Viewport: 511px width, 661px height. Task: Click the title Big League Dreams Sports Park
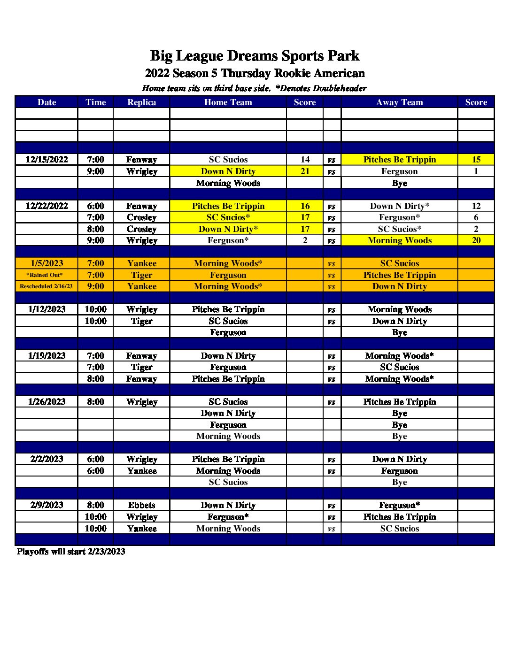[255, 56]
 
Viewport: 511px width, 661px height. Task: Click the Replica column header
[141, 102]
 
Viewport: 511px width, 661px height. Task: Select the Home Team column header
[228, 102]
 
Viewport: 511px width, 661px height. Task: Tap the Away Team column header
[399, 102]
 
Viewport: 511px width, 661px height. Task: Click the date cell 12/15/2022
[46, 160]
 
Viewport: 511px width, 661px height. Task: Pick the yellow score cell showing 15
[476, 160]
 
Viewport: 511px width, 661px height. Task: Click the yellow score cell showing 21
[305, 171]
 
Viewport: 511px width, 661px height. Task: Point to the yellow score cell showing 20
[476, 240]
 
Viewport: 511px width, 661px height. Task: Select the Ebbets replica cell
[141, 505]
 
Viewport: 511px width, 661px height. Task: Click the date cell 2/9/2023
[46, 505]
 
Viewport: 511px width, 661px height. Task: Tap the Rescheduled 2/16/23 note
[46, 286]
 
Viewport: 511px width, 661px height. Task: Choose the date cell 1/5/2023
[46, 263]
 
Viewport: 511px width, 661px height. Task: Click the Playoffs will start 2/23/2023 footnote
[71, 552]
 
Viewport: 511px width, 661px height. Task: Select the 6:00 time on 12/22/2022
[95, 206]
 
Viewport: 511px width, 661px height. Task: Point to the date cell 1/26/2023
[46, 402]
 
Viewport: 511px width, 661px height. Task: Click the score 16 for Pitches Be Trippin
[305, 206]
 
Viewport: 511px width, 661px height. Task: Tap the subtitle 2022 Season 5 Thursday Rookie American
[255, 73]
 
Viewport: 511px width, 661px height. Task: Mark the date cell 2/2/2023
[46, 459]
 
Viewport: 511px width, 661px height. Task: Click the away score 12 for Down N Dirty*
[476, 206]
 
